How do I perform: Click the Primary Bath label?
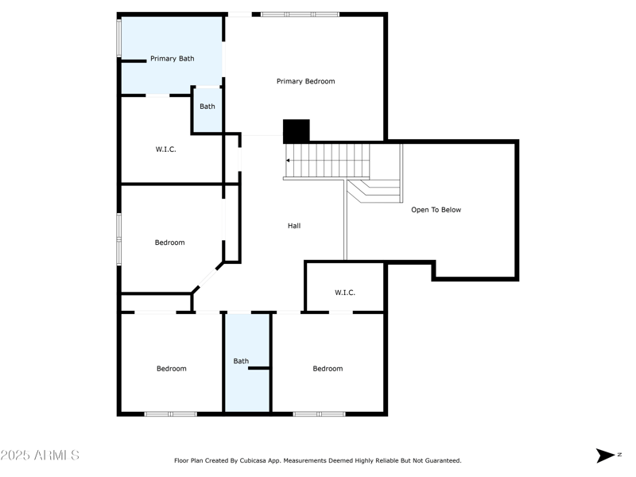[173, 59]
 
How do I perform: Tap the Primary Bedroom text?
[305, 81]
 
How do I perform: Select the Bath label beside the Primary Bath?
[207, 107]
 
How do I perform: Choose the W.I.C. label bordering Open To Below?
[345, 293]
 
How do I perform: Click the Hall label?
[294, 226]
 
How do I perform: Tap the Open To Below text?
[436, 210]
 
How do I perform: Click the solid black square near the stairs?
[296, 131]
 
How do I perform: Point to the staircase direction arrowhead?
[288, 161]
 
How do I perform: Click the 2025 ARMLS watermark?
[40, 456]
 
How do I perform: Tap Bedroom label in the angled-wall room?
[169, 242]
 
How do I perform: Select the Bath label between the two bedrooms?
[241, 361]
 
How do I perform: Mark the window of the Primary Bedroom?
[300, 14]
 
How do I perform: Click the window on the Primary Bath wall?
[119, 37]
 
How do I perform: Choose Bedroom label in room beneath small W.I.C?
[328, 368]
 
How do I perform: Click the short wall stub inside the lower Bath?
[260, 368]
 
